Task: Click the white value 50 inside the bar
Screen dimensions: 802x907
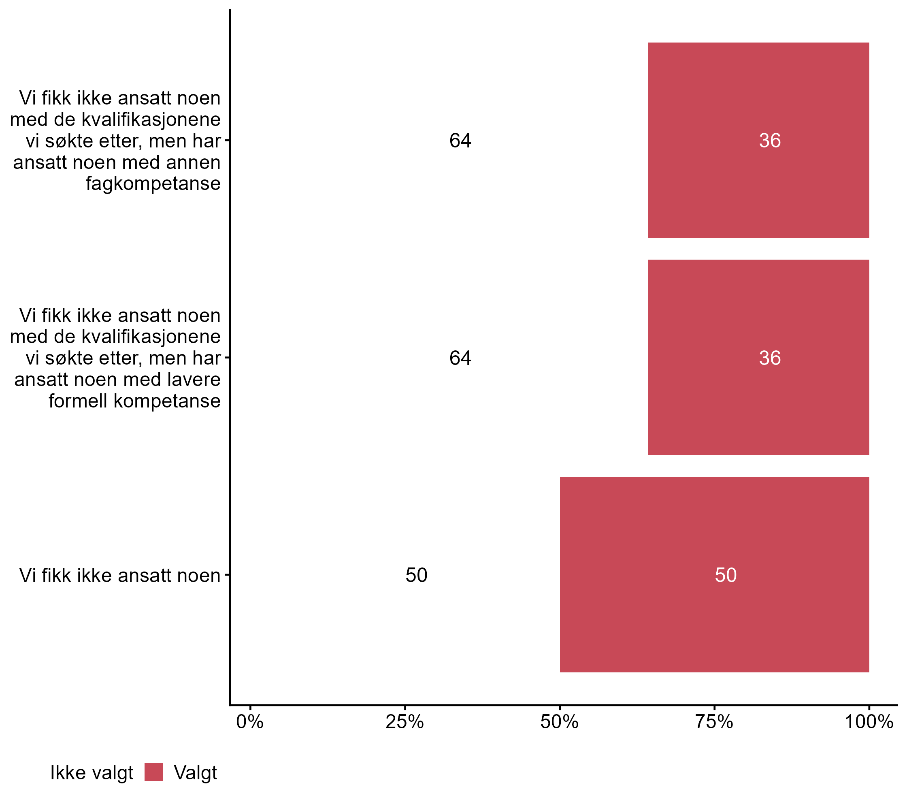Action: click(x=726, y=575)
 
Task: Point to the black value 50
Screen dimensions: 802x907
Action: click(x=416, y=575)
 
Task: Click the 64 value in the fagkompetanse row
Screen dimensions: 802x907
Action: click(x=460, y=141)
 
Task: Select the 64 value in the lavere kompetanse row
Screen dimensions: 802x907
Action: click(x=460, y=358)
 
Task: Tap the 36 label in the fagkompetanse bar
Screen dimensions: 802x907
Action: click(x=770, y=141)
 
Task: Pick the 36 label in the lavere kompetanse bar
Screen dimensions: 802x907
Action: click(x=770, y=358)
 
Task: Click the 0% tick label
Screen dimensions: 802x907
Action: click(x=250, y=722)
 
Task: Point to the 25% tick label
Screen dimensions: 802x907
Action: click(x=404, y=722)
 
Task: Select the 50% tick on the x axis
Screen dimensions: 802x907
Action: click(x=559, y=722)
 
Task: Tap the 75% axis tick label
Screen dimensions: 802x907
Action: click(x=714, y=722)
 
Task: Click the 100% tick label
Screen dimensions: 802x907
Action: click(x=869, y=722)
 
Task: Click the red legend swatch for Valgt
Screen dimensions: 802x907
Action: click(x=153, y=772)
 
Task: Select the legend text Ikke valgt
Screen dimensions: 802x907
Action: click(x=92, y=773)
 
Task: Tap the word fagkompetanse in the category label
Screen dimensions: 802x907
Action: click(x=153, y=184)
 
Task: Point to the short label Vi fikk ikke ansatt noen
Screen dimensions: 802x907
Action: click(x=120, y=576)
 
